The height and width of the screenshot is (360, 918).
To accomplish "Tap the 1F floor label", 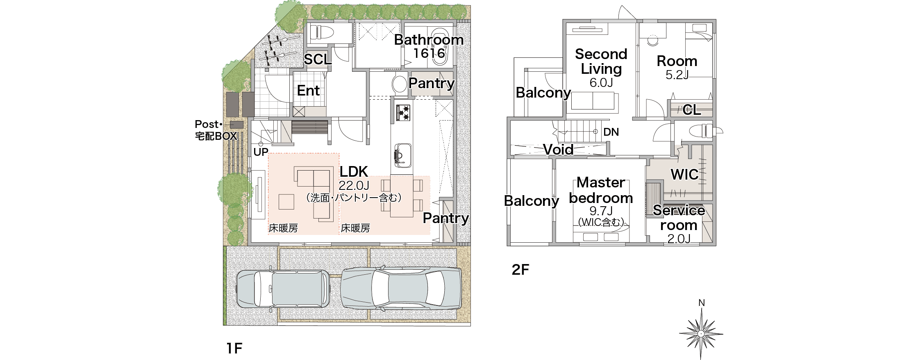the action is (234, 349).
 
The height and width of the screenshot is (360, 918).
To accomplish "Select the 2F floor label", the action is (520, 270).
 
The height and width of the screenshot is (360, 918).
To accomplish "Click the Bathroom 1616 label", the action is (429, 46).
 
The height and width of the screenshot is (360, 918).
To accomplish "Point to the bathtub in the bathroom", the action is (441, 47).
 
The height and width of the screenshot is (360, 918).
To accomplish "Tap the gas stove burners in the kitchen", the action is (403, 113).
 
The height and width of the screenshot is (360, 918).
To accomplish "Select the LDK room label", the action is (354, 171).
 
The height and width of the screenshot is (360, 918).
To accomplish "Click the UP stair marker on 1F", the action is (261, 152).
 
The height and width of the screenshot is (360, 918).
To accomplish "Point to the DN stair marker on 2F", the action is (611, 132).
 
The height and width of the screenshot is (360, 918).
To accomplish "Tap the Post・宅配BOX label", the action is (216, 130).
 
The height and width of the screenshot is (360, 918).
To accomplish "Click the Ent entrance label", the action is (308, 91).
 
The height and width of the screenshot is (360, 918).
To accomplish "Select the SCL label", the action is (318, 59).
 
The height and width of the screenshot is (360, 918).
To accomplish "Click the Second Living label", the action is (601, 61).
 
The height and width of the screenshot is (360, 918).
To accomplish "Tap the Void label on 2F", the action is (558, 150).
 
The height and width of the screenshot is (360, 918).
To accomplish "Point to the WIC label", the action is (684, 174).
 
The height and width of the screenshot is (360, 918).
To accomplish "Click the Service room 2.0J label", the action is (679, 224).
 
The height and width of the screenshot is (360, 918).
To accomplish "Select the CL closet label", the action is (692, 109).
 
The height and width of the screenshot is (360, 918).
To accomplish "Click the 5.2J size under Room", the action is (677, 75).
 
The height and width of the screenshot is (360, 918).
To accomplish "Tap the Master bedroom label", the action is (601, 190).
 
